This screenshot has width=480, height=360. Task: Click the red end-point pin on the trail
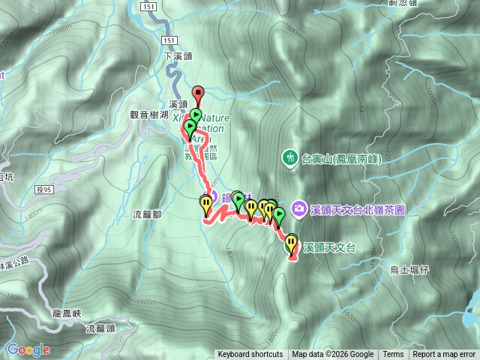pyautogui.click(x=198, y=94)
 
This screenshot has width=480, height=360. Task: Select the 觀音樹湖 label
pyautogui.click(x=148, y=114)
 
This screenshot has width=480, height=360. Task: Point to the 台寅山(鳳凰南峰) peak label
pyautogui.click(x=341, y=160)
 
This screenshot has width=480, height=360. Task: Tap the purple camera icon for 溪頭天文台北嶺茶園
pyautogui.click(x=299, y=207)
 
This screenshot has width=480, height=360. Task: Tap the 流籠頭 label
pyautogui.click(x=100, y=328)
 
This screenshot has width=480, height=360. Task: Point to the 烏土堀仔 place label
pyautogui.click(x=409, y=268)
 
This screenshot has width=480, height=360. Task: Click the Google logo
pyautogui.click(x=28, y=349)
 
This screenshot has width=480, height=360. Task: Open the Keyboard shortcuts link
pyautogui.click(x=250, y=355)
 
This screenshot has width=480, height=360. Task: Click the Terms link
pyautogui.click(x=393, y=355)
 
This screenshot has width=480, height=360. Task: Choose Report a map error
pyautogui.click(x=445, y=355)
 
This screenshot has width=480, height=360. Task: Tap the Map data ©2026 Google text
pyautogui.click(x=333, y=355)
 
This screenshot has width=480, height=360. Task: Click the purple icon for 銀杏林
pyautogui.click(x=211, y=197)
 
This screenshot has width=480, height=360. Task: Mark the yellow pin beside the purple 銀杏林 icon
pyautogui.click(x=206, y=202)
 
